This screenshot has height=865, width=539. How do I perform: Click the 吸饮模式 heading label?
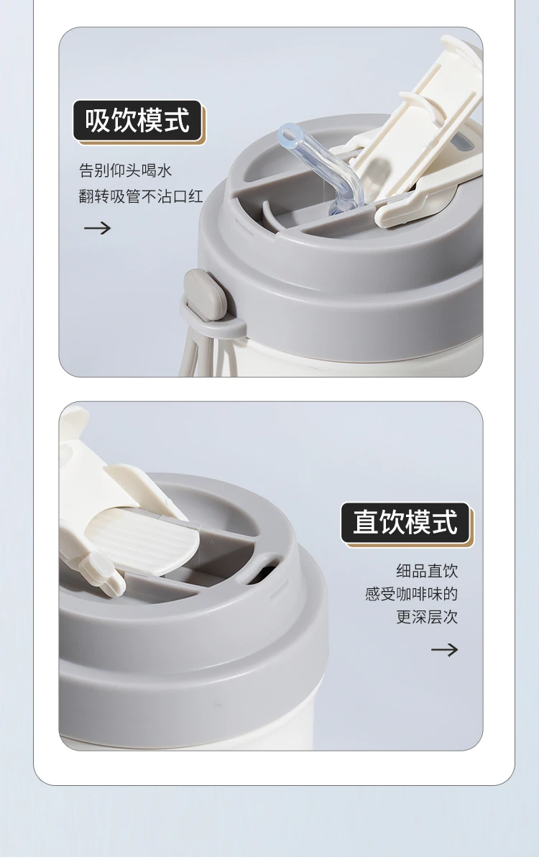pyautogui.click(x=137, y=121)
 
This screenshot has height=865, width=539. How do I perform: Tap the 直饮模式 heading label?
pyautogui.click(x=405, y=522)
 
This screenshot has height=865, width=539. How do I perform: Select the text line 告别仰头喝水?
pyautogui.click(x=125, y=170)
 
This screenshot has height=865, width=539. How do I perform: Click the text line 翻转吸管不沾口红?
pyautogui.click(x=141, y=196)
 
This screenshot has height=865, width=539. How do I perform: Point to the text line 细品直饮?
pyautogui.click(x=427, y=571)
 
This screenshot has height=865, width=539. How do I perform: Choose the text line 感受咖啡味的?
pyautogui.click(x=411, y=594)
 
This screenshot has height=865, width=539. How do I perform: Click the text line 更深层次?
pyautogui.click(x=427, y=617)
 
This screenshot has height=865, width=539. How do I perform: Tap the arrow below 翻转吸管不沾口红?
pyautogui.click(x=97, y=228)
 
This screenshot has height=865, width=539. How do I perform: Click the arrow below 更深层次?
pyautogui.click(x=444, y=650)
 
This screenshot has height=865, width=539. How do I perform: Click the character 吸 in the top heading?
pyautogui.click(x=98, y=121)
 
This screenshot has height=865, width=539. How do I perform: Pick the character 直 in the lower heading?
pyautogui.click(x=366, y=522)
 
